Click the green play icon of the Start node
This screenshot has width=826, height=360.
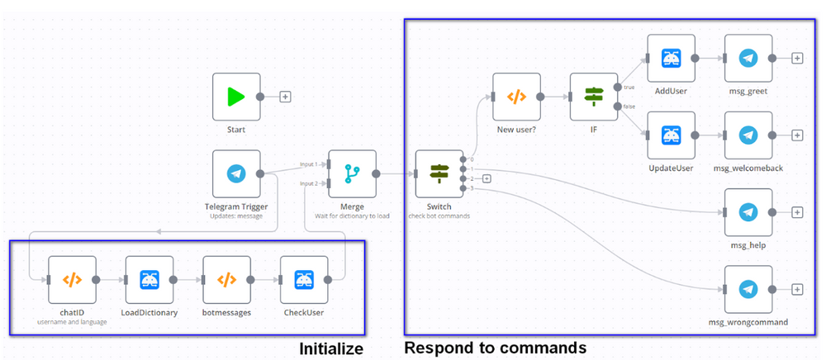(236, 97)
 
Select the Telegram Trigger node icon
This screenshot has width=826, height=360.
(236, 174)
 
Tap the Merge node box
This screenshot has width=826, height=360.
(352, 174)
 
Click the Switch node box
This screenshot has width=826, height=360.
(439, 174)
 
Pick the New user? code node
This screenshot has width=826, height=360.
(516, 97)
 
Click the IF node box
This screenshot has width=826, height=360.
(593, 97)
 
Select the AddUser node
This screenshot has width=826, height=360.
(670, 58)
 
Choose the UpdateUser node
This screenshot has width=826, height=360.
(670, 135)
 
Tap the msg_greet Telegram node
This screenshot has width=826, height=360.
(748, 58)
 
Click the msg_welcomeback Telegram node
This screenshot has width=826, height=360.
(748, 135)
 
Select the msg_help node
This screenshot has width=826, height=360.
(748, 212)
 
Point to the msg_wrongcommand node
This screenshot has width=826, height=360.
(748, 289)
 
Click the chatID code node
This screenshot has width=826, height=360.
(73, 280)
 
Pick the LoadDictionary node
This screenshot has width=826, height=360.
(150, 280)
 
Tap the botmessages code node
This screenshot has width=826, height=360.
(226, 280)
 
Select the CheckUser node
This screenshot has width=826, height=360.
(303, 280)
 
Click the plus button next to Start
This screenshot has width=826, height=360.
(285, 97)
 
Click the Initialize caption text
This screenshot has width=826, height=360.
(331, 349)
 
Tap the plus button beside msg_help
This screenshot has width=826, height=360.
(797, 212)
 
